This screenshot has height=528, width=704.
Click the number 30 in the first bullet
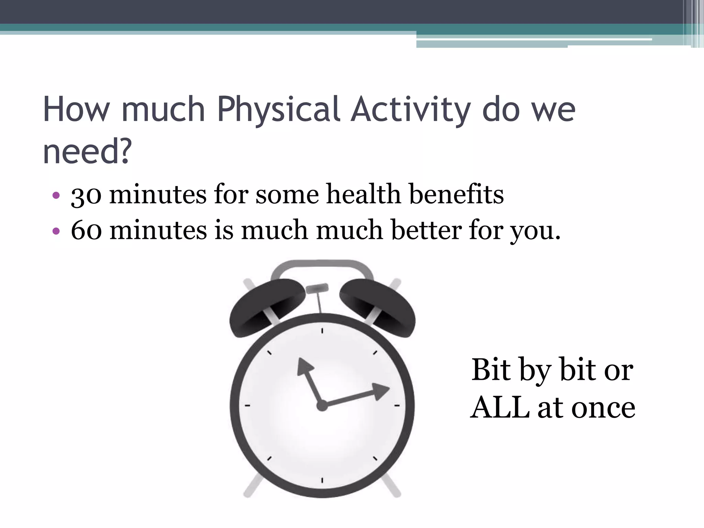[86, 195]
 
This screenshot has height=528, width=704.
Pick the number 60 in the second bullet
[86, 230]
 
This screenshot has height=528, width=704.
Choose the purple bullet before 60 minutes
[56, 231]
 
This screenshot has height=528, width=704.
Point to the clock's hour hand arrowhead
[304, 365]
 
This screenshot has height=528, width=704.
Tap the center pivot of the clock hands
[322, 406]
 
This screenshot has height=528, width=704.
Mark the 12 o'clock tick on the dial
[322, 331]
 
